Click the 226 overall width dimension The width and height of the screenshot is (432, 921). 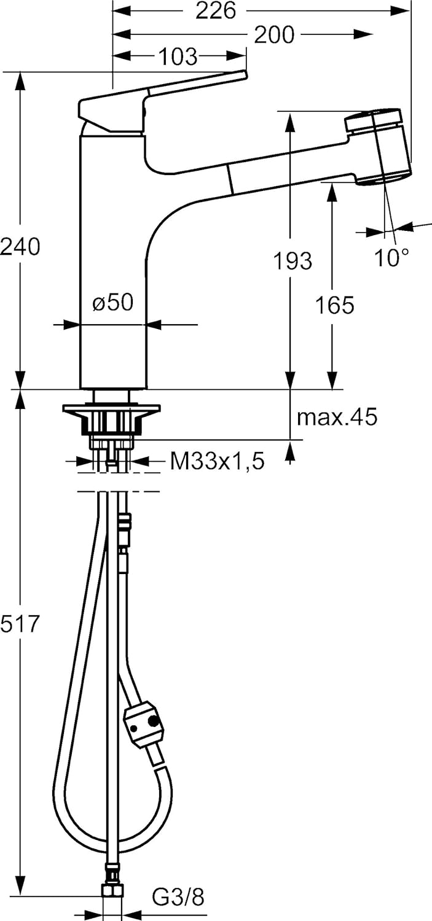click(x=216, y=10)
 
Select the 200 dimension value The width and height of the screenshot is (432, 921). click(x=274, y=35)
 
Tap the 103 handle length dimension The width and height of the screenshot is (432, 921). click(x=178, y=57)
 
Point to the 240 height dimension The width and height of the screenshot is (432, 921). click(x=20, y=246)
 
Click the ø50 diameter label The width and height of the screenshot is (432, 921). click(x=113, y=303)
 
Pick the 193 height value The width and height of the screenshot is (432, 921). click(x=292, y=261)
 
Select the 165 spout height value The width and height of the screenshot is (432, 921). click(x=335, y=305)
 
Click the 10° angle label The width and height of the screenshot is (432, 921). click(x=393, y=258)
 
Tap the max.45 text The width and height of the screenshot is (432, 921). click(x=337, y=418)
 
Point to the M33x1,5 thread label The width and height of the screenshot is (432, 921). click(x=217, y=462)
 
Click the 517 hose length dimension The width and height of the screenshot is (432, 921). click(x=20, y=624)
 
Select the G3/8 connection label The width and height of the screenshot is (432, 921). click(x=178, y=898)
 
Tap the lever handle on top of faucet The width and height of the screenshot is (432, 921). click(x=160, y=95)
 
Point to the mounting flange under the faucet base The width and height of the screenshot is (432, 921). click(x=111, y=409)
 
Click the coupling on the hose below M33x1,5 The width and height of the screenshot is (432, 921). click(x=125, y=523)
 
